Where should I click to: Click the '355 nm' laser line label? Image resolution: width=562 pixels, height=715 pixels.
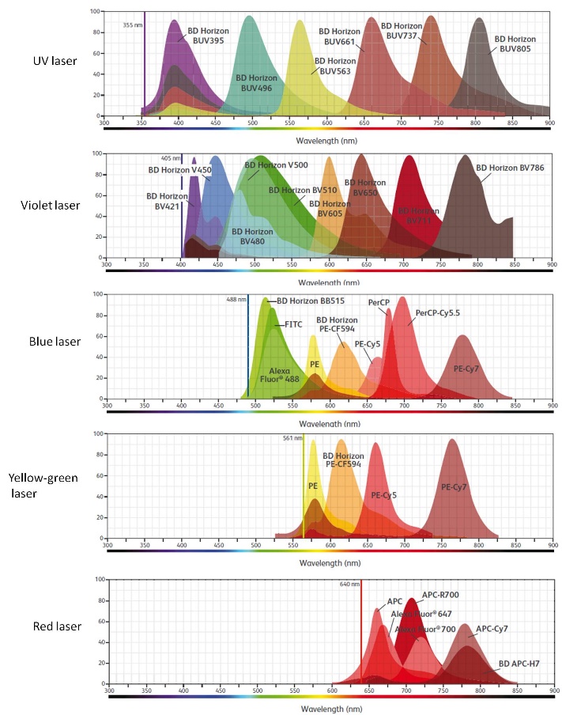click(133, 25)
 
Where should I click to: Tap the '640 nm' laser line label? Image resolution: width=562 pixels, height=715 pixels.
click(349, 584)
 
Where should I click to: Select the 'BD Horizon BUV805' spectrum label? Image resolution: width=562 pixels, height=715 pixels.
click(515, 44)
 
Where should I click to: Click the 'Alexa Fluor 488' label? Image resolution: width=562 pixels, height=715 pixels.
click(281, 374)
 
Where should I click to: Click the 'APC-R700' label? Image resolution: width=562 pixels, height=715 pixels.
click(440, 594)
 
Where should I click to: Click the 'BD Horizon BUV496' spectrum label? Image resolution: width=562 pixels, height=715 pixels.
click(257, 82)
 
